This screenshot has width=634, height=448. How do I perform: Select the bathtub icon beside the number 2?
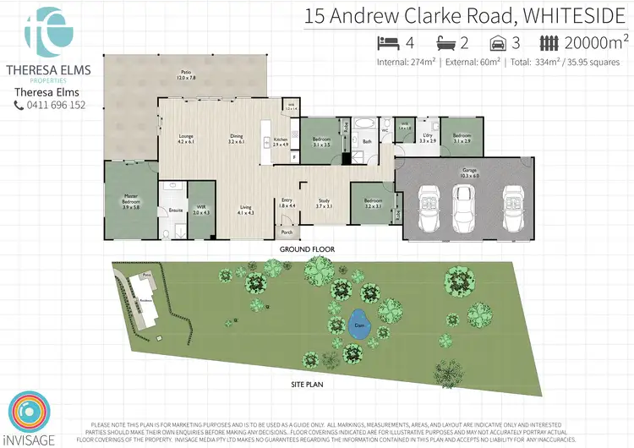point(445,43)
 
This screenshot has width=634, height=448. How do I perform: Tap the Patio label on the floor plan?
point(186,74)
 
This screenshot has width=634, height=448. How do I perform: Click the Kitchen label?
point(281,141)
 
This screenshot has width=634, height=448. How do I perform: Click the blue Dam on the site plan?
point(358,323)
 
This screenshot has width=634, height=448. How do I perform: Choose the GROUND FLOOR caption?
point(308,250)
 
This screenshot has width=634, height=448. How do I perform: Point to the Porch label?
point(287,232)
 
